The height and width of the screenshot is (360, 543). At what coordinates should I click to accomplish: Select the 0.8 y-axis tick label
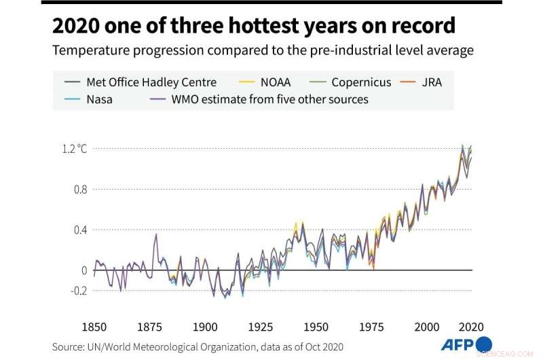[79, 189]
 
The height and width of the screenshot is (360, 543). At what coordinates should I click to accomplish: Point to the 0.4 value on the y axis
[79, 230]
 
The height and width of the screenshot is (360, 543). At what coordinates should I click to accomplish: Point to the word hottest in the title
[258, 26]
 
